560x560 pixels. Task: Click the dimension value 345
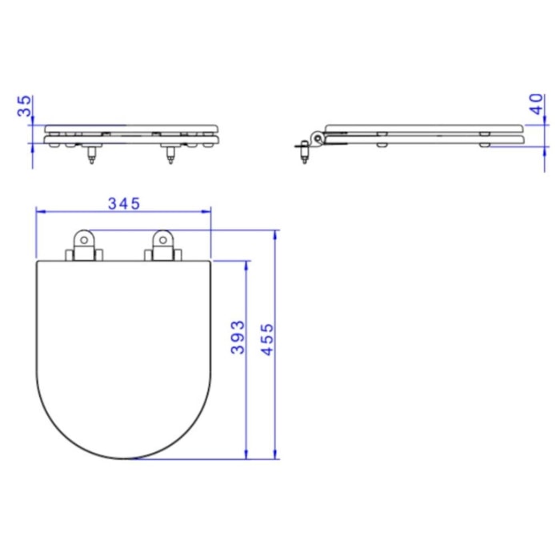click(124, 203)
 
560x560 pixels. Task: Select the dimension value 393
click(238, 337)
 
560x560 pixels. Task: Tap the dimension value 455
click(266, 339)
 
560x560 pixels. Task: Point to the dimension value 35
click(25, 106)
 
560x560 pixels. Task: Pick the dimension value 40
click(536, 104)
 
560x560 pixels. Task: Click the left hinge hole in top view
click(84, 240)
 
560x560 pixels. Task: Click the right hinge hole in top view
click(163, 240)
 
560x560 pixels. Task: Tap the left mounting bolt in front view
click(92, 154)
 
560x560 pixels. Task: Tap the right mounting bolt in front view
click(170, 154)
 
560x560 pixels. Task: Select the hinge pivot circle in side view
click(317, 138)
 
